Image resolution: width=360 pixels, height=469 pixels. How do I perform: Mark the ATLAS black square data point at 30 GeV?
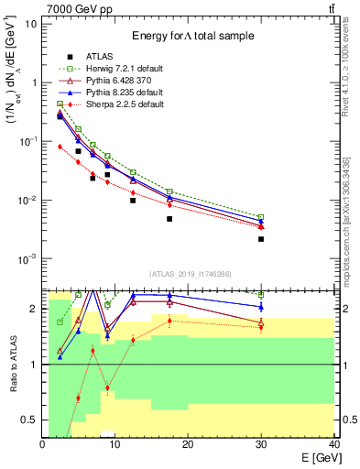[261, 239]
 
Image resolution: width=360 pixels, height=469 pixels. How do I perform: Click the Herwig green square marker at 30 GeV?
[261, 217]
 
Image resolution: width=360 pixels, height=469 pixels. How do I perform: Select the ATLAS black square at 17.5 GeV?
[169, 219]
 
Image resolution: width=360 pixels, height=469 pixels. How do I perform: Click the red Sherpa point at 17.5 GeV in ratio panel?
[169, 321]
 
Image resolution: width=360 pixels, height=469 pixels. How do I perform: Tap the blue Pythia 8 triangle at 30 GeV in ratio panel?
[261, 306]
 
